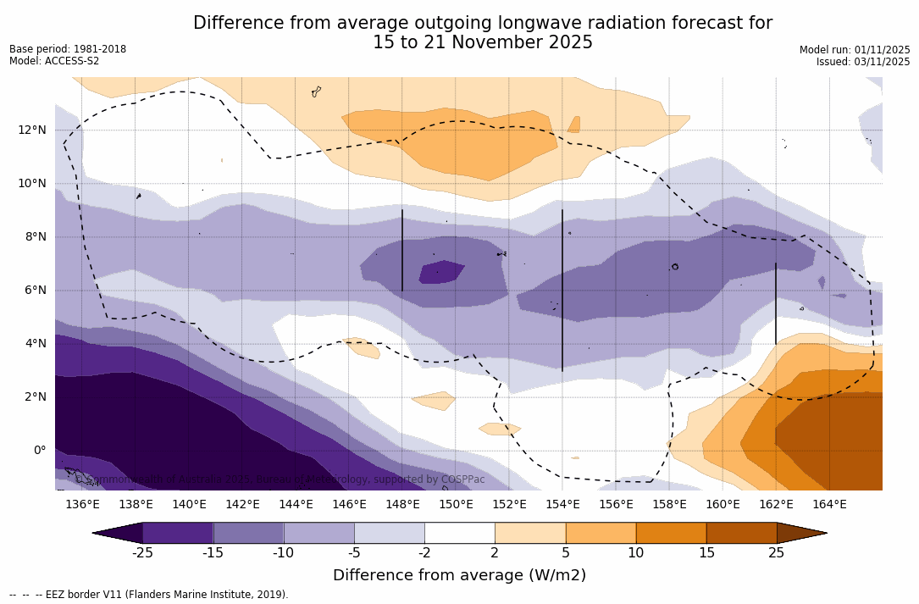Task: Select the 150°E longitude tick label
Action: [456, 505]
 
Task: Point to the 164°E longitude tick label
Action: [829, 505]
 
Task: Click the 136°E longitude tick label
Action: [82, 505]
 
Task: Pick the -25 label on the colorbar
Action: [142, 553]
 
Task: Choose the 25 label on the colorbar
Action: [776, 553]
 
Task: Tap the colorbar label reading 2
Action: [495, 553]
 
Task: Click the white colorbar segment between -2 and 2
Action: [459, 533]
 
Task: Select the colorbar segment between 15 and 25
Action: [741, 533]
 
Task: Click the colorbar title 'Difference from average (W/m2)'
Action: [459, 575]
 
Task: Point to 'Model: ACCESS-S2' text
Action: [54, 61]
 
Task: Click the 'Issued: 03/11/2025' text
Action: [863, 62]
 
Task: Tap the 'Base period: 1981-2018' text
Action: [68, 49]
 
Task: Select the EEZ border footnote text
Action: [149, 595]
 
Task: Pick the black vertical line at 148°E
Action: [402, 251]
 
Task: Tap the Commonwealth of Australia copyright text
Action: [280, 479]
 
